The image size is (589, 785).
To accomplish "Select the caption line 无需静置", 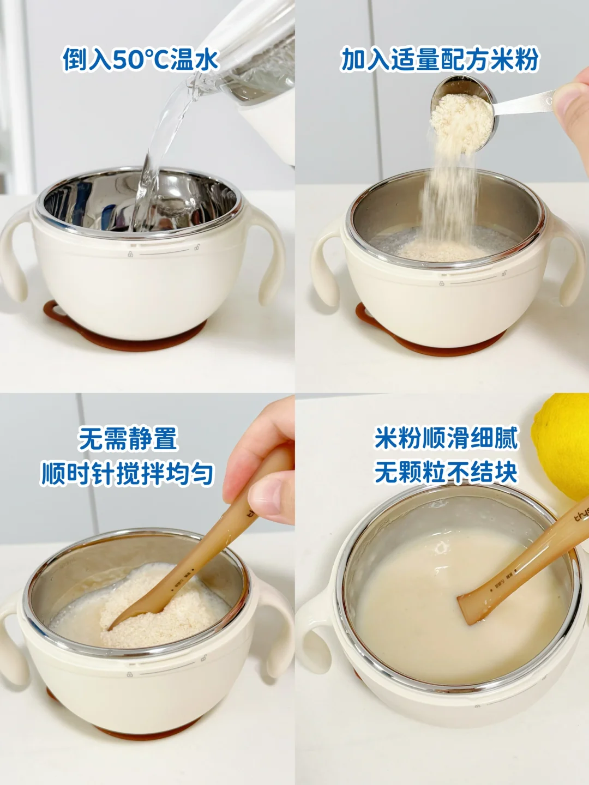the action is pos(128,438).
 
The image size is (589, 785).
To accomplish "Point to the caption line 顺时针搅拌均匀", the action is pos(128,474).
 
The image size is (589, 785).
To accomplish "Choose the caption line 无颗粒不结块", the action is pos(446,472).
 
